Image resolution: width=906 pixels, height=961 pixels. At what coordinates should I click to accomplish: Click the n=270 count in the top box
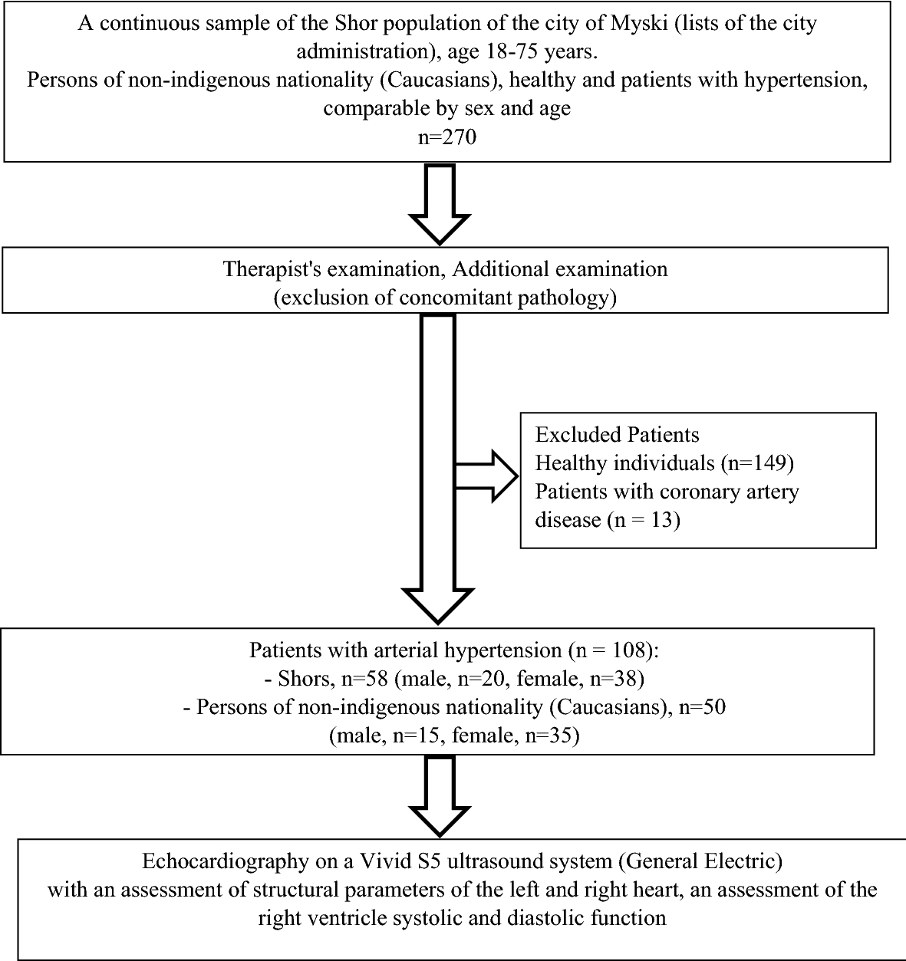click(447, 138)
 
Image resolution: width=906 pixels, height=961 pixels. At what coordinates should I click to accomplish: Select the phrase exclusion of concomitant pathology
click(445, 298)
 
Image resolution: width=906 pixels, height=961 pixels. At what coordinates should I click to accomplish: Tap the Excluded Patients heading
click(618, 435)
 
